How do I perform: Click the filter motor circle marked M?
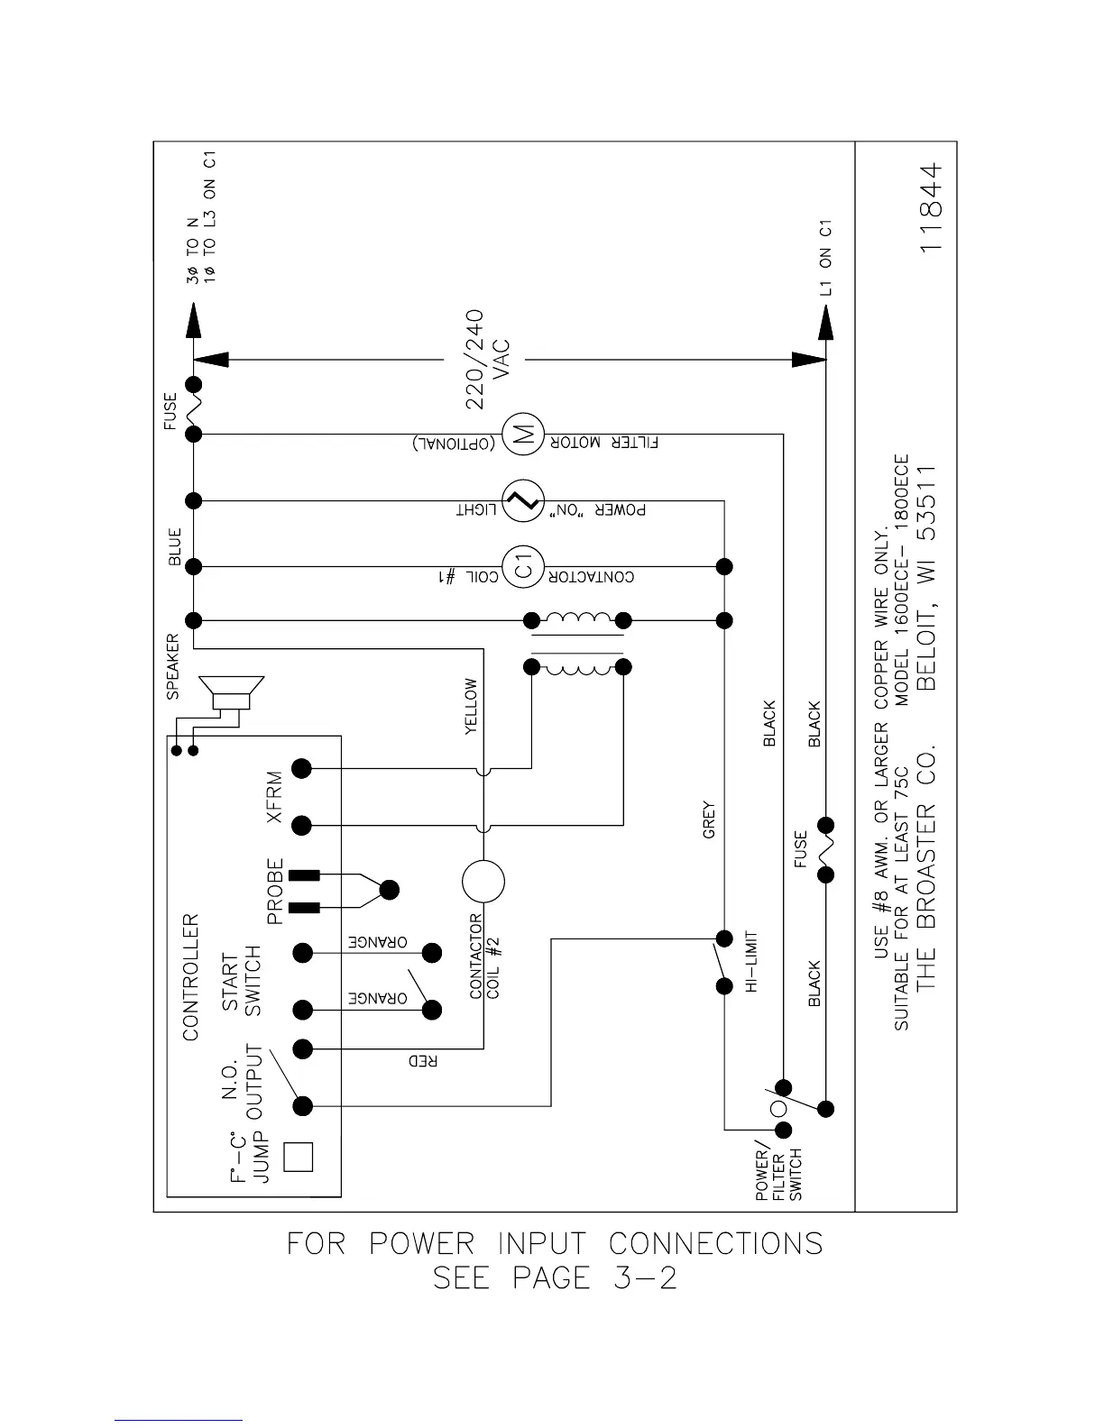(522, 434)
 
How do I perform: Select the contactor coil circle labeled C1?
(522, 567)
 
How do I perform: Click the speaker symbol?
(232, 694)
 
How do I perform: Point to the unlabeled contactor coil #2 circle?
(483, 882)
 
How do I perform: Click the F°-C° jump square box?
(299, 1157)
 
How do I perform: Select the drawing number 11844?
(933, 207)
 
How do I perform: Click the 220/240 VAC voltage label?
(487, 360)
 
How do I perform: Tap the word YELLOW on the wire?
(471, 707)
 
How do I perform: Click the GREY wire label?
(709, 819)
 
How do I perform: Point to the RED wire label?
(423, 1061)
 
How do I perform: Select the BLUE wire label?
(175, 547)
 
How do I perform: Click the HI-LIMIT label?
(750, 962)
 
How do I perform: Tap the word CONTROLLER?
(190, 977)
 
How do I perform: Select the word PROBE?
(275, 890)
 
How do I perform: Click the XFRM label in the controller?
(275, 796)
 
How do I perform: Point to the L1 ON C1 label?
(825, 258)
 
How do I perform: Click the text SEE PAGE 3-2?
(555, 1278)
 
